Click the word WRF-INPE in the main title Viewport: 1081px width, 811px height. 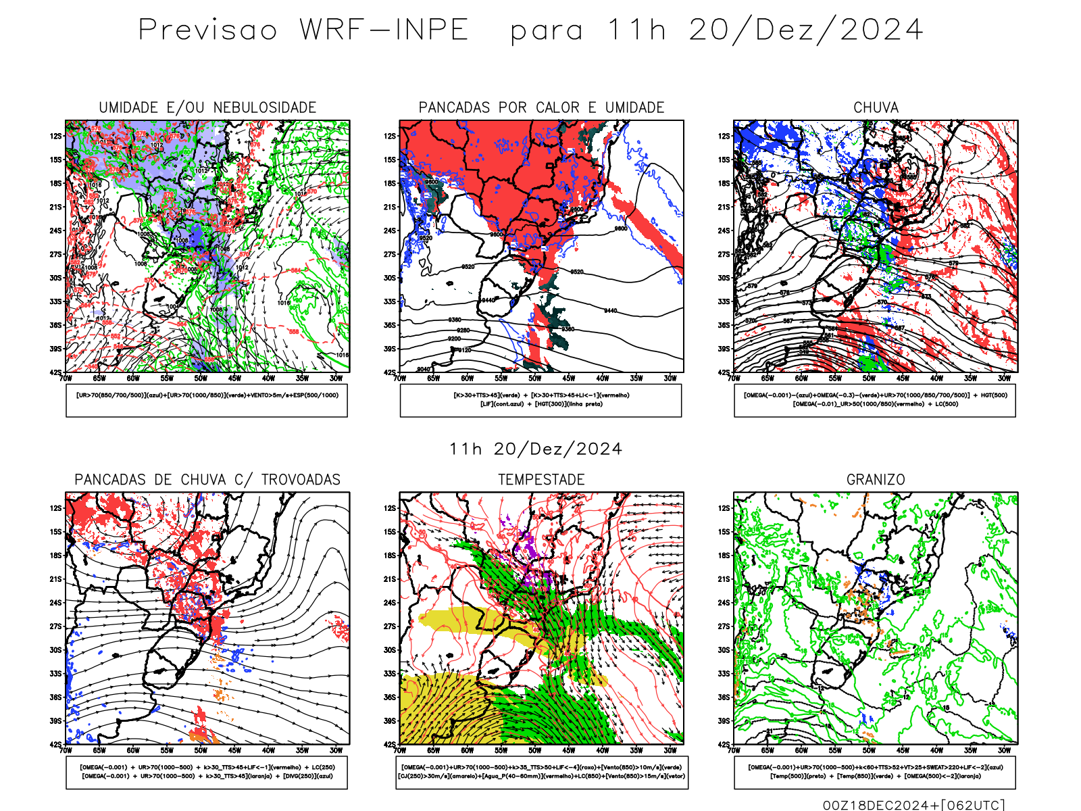[384, 30]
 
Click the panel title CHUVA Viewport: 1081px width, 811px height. [876, 107]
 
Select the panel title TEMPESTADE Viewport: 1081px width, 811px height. [541, 480]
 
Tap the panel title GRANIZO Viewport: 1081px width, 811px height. [876, 480]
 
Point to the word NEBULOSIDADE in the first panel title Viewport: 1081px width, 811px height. [264, 107]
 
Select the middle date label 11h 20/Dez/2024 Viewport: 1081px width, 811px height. [535, 449]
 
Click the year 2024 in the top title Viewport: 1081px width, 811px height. [882, 30]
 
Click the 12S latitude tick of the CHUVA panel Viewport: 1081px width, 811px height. [724, 136]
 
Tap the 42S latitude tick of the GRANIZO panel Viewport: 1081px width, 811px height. [724, 745]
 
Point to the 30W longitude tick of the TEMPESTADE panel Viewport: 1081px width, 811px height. [670, 750]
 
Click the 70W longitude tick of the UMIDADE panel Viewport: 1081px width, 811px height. [66, 378]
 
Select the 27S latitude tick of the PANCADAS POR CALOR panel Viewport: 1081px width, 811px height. [390, 254]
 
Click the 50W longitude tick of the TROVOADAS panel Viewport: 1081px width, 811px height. [201, 750]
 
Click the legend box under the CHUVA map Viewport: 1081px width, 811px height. [875, 400]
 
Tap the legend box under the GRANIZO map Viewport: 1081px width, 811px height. [875, 772]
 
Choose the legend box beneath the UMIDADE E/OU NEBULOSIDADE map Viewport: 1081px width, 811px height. [207, 400]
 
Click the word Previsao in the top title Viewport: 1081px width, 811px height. [208, 30]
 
